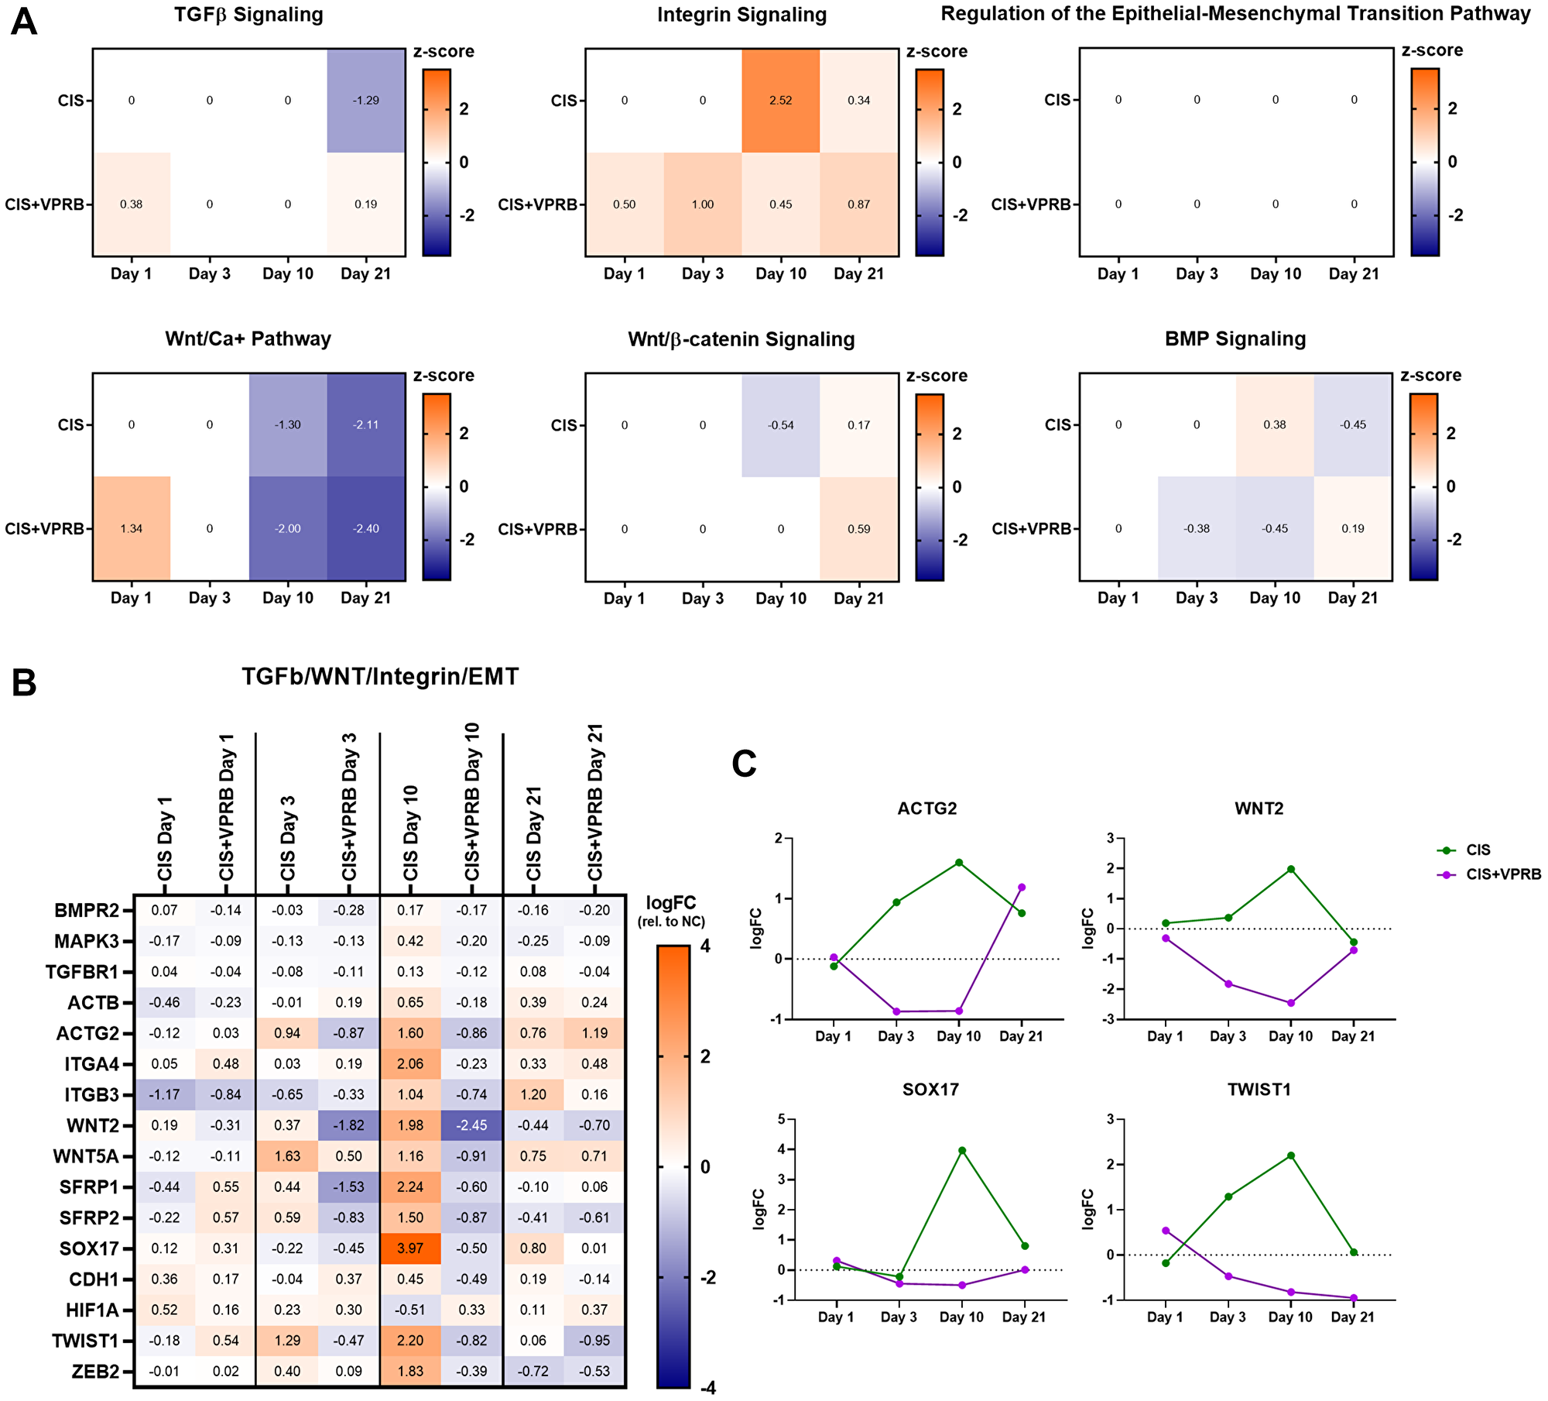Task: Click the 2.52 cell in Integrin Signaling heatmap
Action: tap(780, 101)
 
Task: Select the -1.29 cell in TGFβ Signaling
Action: tap(366, 101)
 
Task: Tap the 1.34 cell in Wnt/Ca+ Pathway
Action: tap(131, 529)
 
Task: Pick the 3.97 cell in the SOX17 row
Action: tap(410, 1248)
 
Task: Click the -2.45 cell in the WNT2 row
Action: tap(471, 1125)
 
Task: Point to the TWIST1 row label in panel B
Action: tap(85, 1341)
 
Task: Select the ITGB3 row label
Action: tap(91, 1094)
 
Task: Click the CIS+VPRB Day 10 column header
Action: tap(472, 802)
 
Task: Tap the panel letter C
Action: tap(744, 764)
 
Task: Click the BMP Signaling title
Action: tap(1235, 339)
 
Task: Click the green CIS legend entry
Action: tap(1478, 850)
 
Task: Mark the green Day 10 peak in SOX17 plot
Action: tap(962, 1151)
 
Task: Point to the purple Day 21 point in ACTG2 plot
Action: tap(1022, 888)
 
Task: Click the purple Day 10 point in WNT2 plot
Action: tap(1291, 1003)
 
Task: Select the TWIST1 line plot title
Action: tap(1259, 1090)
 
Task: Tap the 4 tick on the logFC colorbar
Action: tap(705, 946)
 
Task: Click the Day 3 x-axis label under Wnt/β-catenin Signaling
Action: tap(702, 599)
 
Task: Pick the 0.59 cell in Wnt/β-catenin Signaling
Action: tap(858, 530)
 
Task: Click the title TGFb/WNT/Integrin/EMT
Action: tap(380, 677)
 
